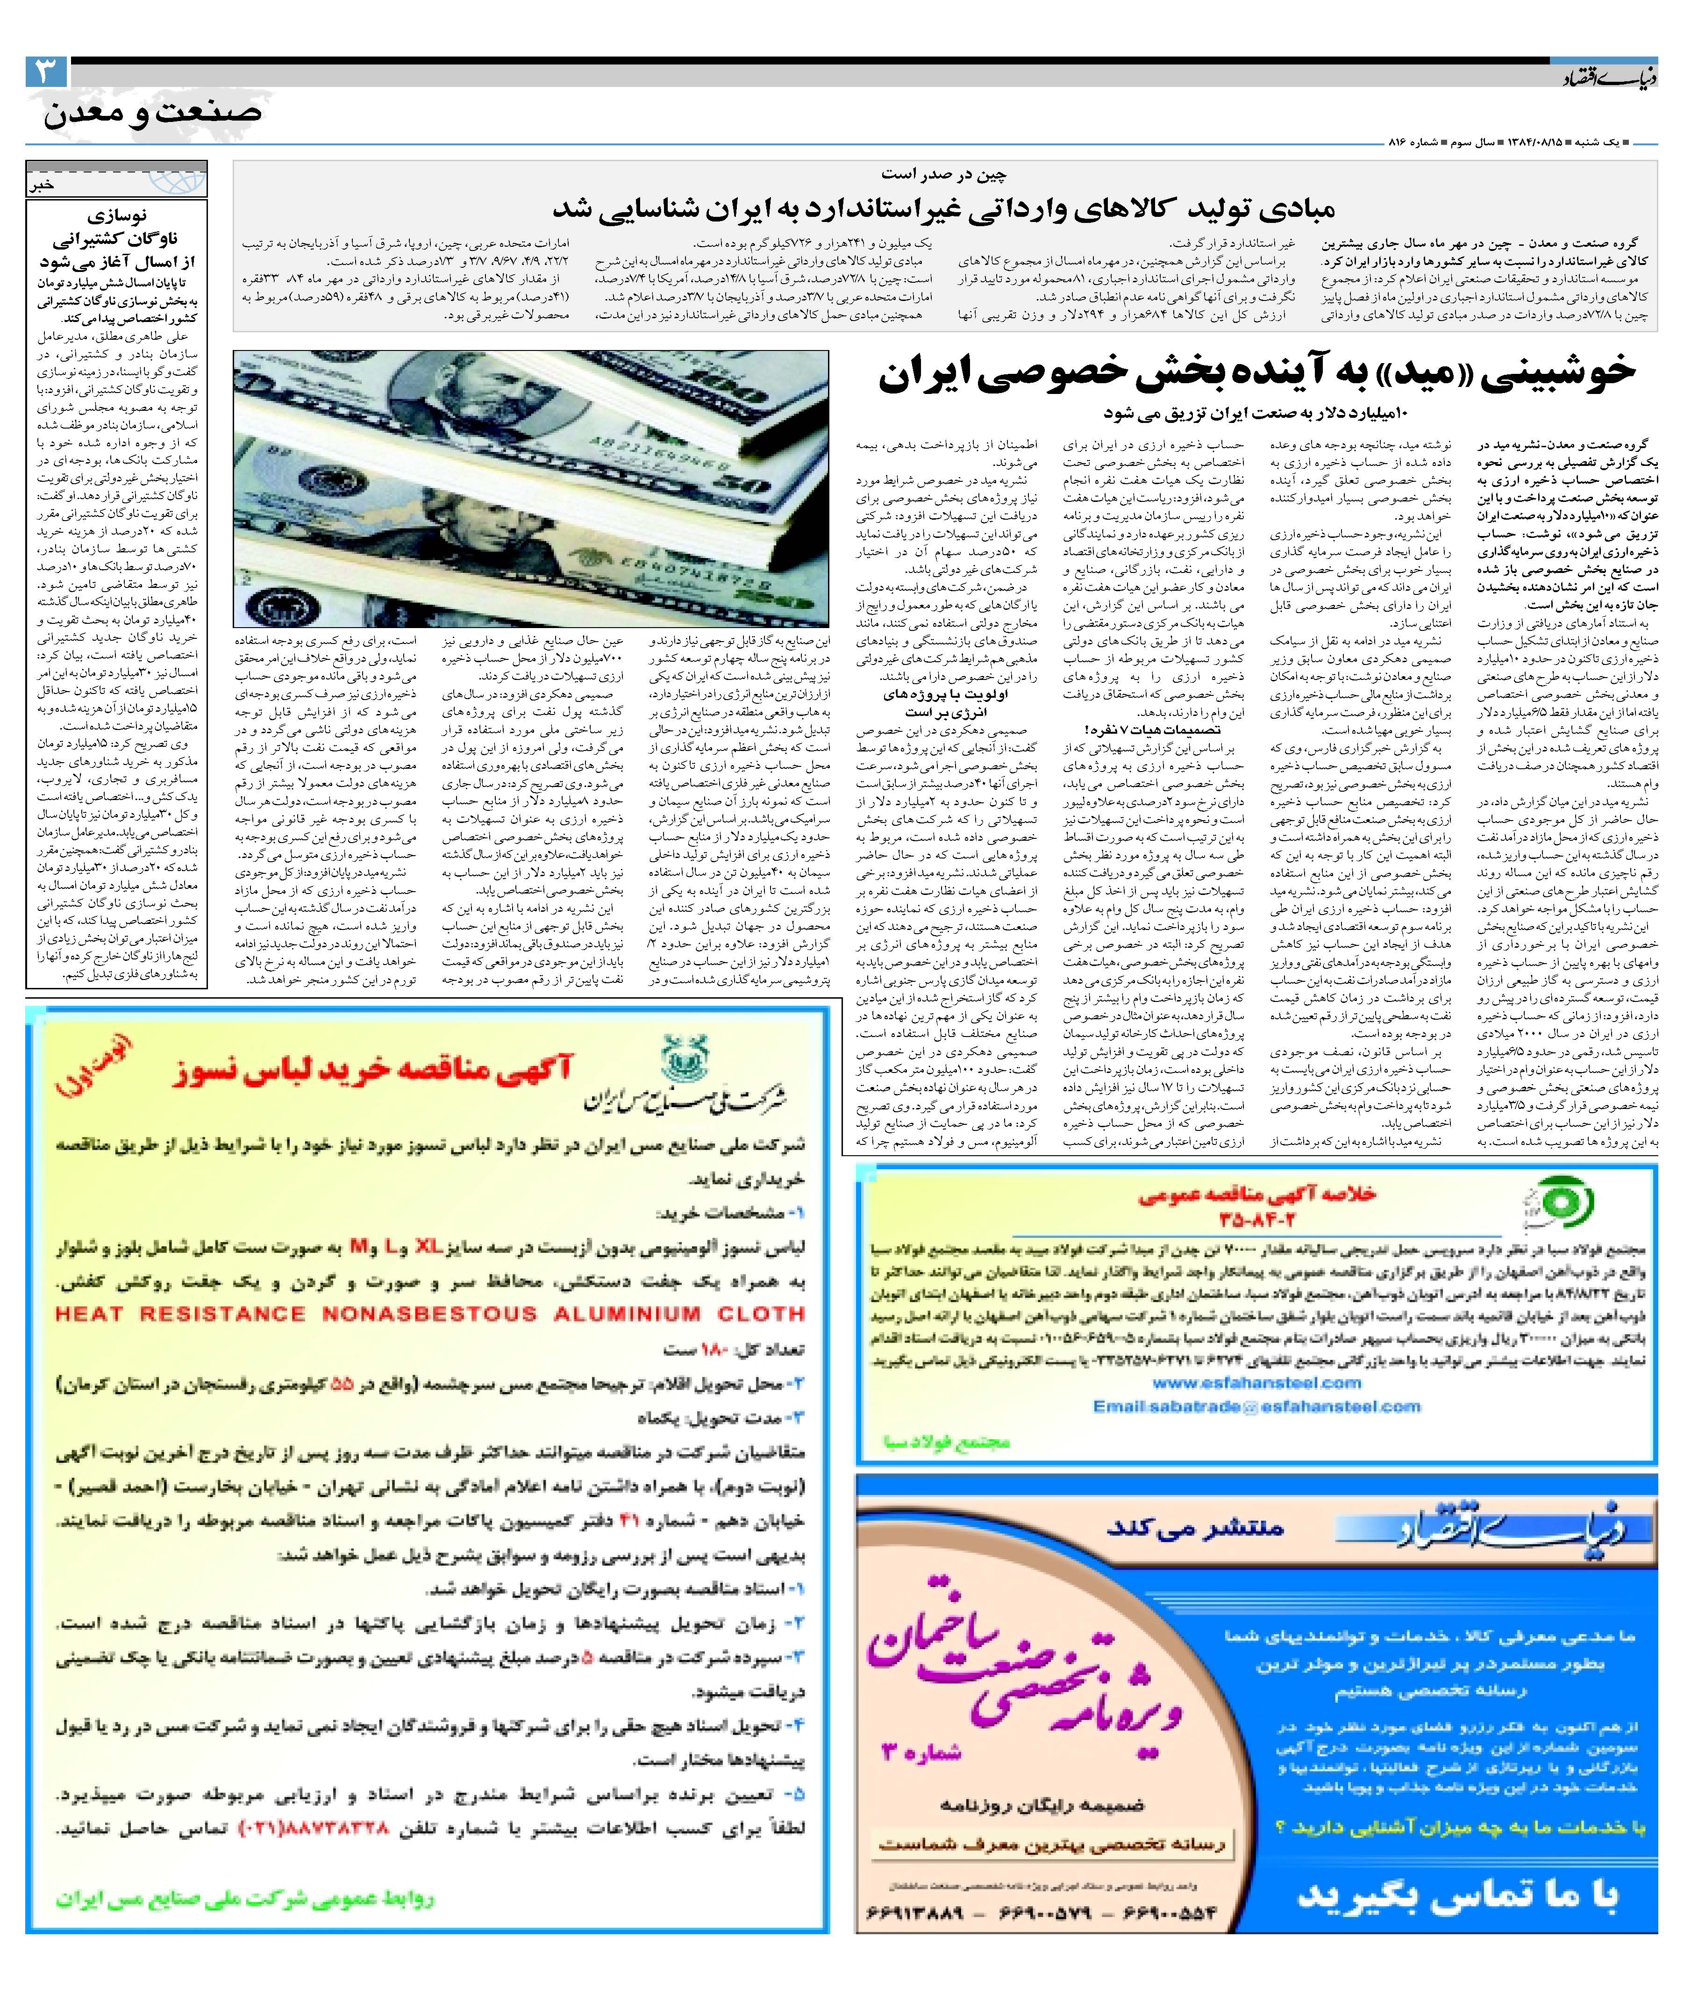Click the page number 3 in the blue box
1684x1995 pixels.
[46, 72]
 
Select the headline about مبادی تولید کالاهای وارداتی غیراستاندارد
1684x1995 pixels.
[943, 208]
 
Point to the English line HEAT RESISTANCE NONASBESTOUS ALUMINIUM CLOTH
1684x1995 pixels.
[429, 1314]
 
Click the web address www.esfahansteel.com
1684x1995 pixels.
[1256, 1382]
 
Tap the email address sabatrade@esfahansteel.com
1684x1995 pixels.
[1256, 1406]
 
